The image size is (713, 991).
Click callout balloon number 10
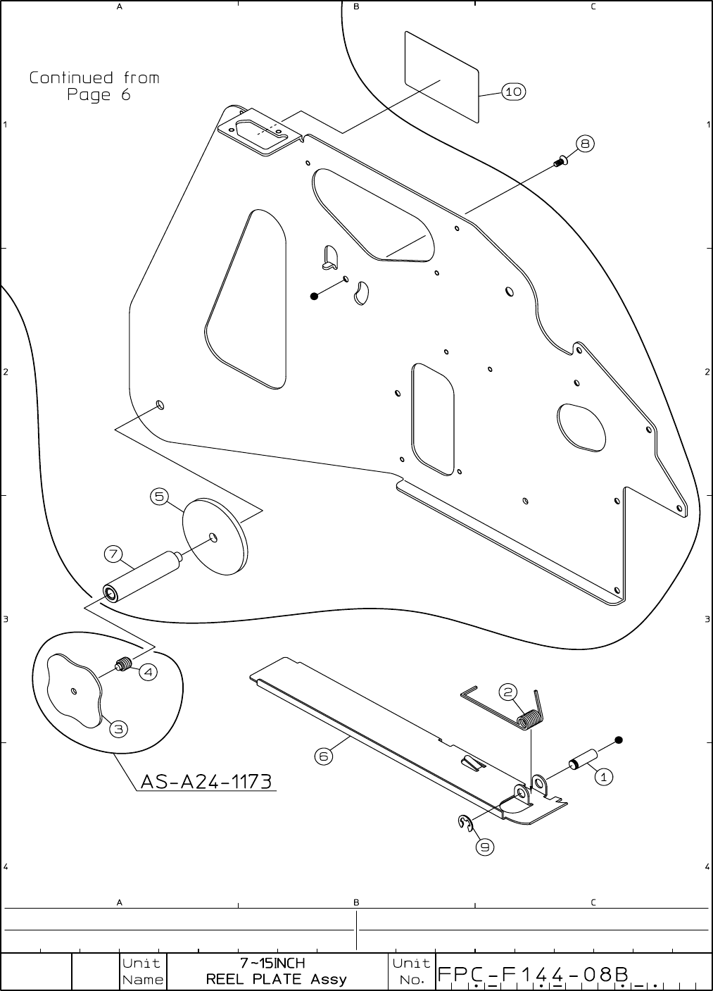[514, 92]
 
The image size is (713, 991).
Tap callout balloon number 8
[585, 144]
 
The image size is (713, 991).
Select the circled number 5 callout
[160, 497]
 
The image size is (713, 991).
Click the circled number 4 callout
[148, 672]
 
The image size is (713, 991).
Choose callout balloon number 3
[118, 729]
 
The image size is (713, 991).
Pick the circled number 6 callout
[323, 756]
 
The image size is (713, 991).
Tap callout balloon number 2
[509, 692]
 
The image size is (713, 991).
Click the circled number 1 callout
[603, 777]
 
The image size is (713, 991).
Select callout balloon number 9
[484, 847]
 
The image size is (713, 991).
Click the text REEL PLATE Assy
[276, 979]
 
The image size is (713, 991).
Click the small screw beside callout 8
[560, 161]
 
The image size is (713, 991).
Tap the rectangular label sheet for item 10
[442, 75]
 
